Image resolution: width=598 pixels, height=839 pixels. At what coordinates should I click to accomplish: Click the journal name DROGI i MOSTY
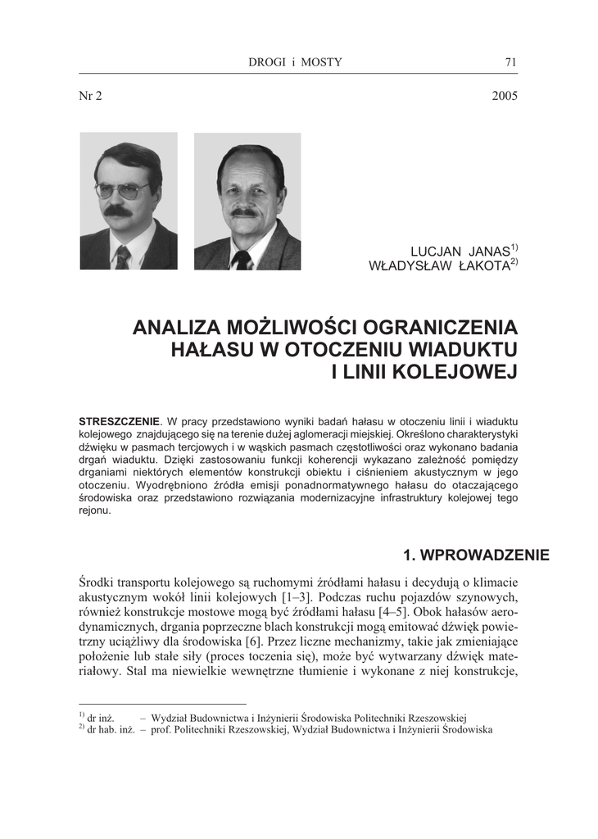pos(295,62)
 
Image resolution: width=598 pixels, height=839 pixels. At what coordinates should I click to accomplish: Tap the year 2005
pos(505,96)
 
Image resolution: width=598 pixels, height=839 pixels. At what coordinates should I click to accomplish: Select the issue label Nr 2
pos(90,96)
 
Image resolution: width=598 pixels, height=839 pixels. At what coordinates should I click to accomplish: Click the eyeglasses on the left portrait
pos(122,190)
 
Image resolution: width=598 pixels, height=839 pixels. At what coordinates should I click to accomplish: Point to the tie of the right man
pos(242,260)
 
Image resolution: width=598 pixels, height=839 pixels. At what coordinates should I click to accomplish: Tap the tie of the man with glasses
pos(123,257)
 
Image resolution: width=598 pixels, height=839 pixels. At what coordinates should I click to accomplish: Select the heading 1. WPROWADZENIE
pos(470,556)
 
